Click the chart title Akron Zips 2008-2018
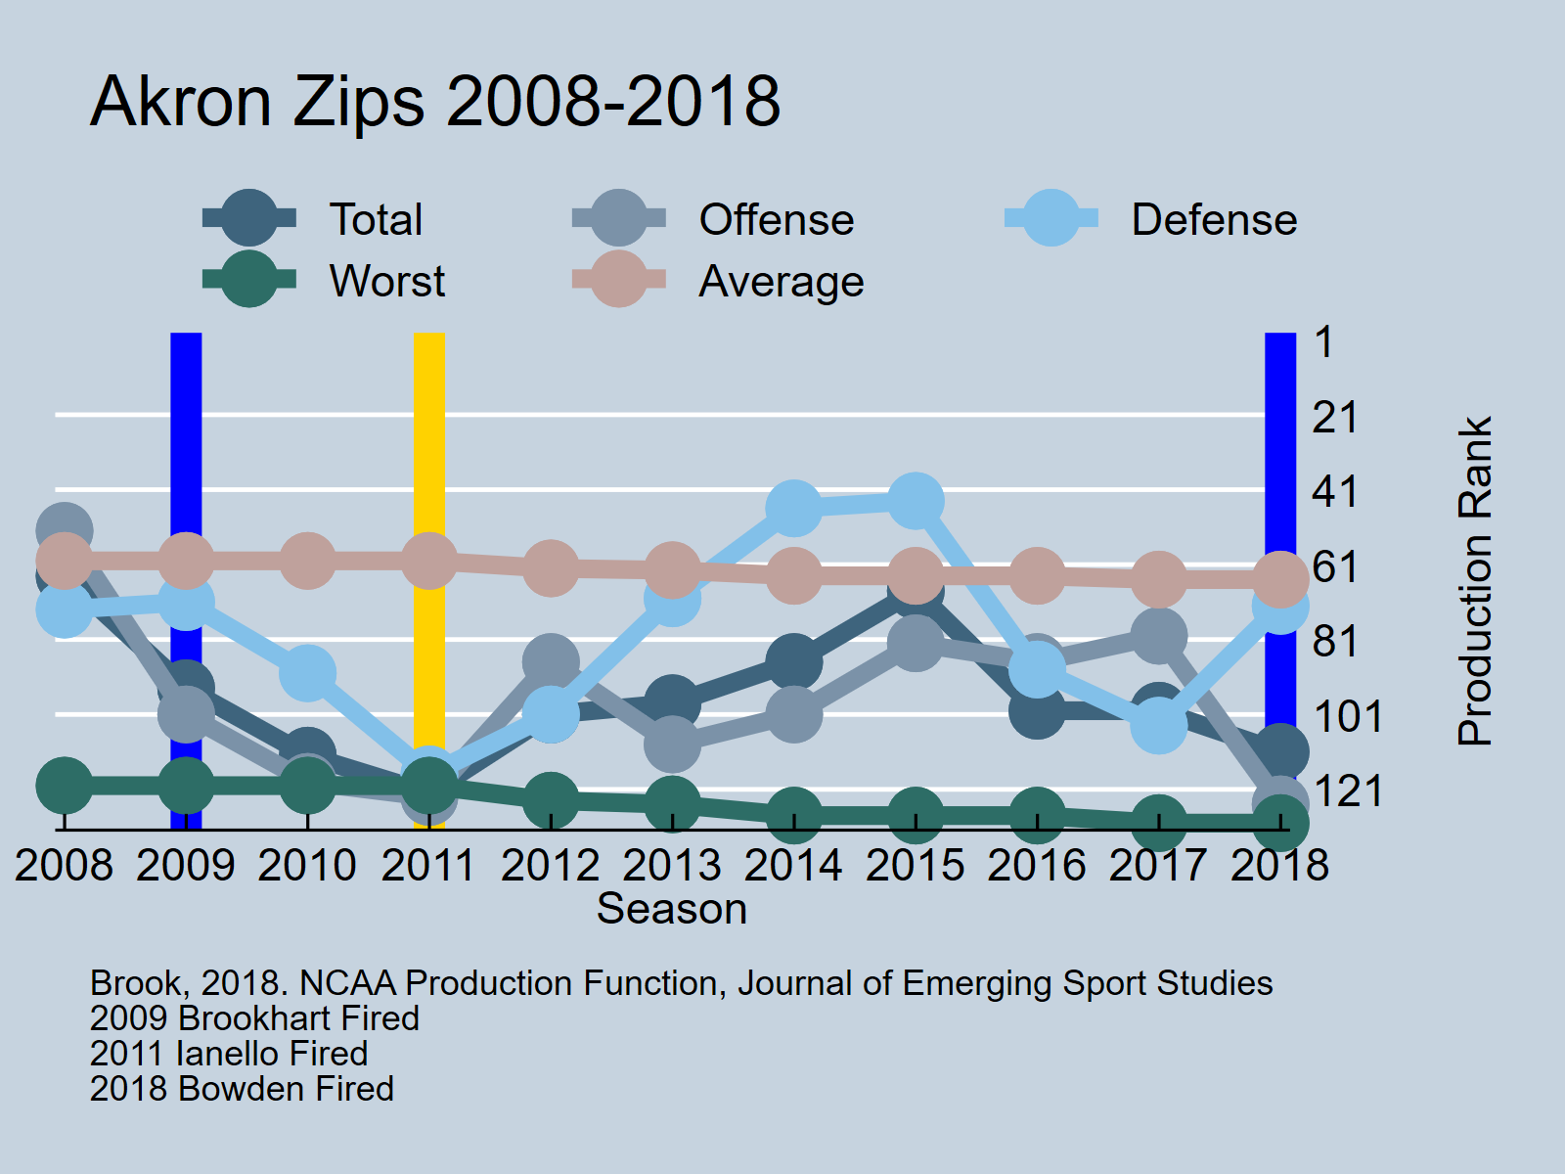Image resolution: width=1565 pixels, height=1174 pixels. (435, 101)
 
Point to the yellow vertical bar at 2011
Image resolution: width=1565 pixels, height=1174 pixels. (429, 440)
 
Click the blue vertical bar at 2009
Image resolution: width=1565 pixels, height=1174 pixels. (186, 440)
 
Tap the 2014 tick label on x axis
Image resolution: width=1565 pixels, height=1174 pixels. (793, 866)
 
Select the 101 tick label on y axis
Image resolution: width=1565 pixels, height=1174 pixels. (1348, 716)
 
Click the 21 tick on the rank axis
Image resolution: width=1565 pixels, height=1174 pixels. (1335, 418)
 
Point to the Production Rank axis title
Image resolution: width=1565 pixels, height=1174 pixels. (1475, 581)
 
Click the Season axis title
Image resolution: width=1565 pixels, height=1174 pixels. (672, 909)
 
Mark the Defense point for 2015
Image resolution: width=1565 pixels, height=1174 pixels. (916, 501)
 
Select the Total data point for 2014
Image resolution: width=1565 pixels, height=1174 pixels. (793, 662)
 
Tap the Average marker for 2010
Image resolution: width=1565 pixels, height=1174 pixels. (307, 561)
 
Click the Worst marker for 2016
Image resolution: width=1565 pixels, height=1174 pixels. (1037, 815)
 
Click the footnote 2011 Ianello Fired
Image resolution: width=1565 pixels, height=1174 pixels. (229, 1054)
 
